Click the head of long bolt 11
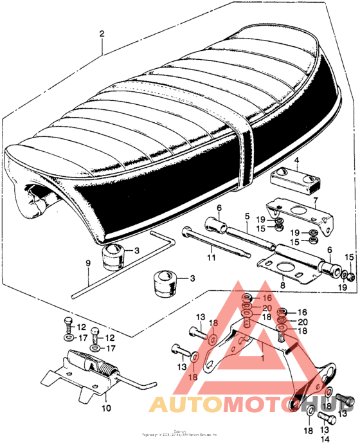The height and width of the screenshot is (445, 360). coord(186,232)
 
